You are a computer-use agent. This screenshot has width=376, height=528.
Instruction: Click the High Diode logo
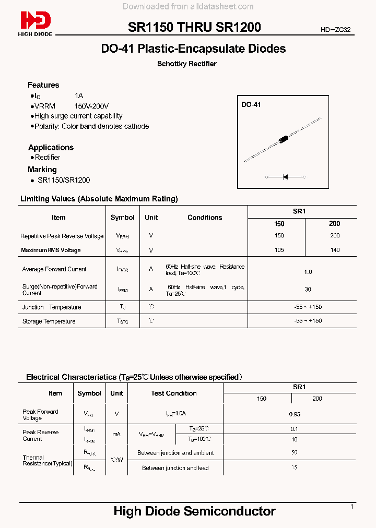point(36,23)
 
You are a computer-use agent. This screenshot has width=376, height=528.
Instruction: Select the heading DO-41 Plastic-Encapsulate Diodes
point(193,49)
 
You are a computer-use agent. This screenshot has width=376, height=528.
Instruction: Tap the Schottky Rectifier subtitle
point(187,64)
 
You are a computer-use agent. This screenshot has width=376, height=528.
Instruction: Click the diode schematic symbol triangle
point(285,177)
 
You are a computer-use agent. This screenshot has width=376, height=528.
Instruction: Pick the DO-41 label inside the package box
point(251,105)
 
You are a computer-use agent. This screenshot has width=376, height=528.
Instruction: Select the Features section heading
point(43,85)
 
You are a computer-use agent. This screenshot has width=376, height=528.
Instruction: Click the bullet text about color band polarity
point(91,126)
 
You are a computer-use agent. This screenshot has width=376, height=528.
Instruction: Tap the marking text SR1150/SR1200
point(64,180)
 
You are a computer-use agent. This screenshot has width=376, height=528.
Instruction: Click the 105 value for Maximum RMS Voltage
point(279,250)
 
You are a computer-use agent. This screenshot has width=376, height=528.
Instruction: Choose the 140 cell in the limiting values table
point(335,250)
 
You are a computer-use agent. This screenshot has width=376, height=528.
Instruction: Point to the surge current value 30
point(308,289)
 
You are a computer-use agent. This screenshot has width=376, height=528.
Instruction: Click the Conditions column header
point(205,218)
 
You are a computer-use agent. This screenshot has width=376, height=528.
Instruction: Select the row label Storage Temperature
point(49,321)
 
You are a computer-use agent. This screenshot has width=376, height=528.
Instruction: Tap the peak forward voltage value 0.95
point(295,414)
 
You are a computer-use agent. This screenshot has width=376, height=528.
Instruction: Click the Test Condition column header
point(174,393)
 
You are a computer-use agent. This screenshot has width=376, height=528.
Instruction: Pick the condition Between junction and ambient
point(175,453)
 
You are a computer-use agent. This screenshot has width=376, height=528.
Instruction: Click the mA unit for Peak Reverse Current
point(116,434)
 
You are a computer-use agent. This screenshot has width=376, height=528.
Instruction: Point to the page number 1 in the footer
point(352,507)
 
